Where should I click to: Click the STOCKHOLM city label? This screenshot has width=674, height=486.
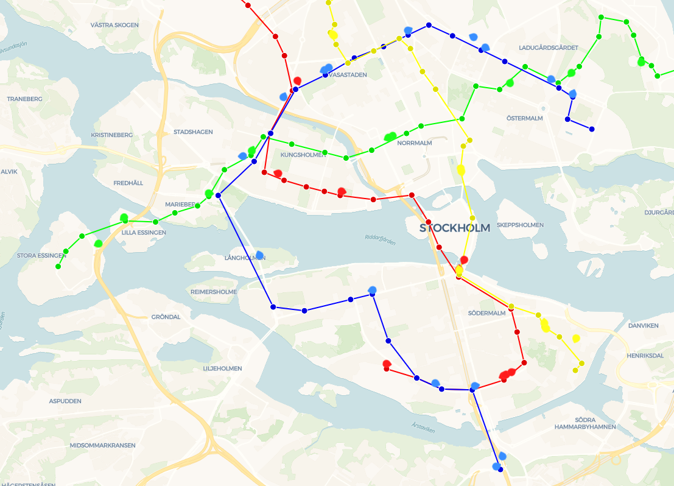pyautogui.click(x=455, y=228)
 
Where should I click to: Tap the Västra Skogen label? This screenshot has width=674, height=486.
pyautogui.click(x=114, y=25)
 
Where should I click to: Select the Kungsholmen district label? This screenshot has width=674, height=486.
pyautogui.click(x=303, y=155)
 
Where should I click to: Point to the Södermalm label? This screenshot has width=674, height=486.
pyautogui.click(x=486, y=313)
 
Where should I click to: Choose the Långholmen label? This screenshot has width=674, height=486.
pyautogui.click(x=245, y=258)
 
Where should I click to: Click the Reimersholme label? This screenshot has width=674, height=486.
pyautogui.click(x=213, y=292)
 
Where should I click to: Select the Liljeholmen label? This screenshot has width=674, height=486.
pyautogui.click(x=222, y=368)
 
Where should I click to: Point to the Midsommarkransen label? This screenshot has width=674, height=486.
pyautogui.click(x=102, y=445)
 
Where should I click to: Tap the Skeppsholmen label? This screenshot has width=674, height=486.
pyautogui.click(x=520, y=225)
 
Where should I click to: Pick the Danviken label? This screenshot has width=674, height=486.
pyautogui.click(x=644, y=325)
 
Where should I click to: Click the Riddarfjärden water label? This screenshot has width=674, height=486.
pyautogui.click(x=380, y=240)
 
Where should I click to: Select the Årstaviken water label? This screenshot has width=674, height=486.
pyautogui.click(x=423, y=429)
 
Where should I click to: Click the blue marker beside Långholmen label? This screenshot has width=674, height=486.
pyautogui.click(x=259, y=255)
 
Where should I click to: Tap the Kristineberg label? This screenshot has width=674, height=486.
pyautogui.click(x=111, y=134)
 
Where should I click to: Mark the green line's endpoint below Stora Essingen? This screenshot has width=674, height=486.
pyautogui.click(x=58, y=266)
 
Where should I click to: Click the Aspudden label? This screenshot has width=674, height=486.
pyautogui.click(x=65, y=401)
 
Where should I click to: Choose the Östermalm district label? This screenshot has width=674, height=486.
pyautogui.click(x=524, y=118)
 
